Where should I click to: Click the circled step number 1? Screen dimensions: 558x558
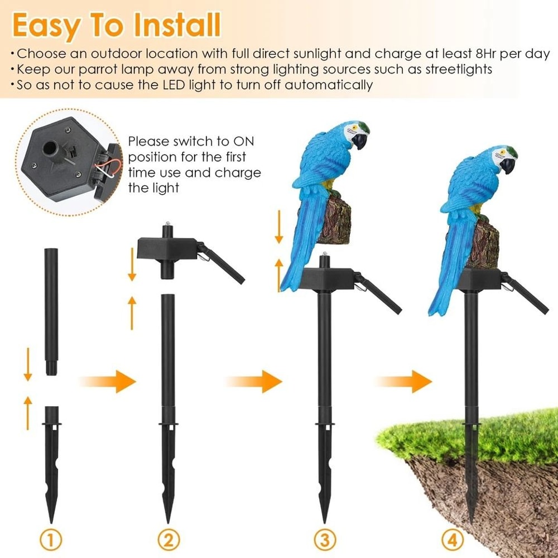[x=51, y=540]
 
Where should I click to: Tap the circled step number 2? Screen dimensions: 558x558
[x=169, y=540]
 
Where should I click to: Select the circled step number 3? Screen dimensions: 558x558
[x=324, y=540]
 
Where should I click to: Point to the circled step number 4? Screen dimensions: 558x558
[x=453, y=540]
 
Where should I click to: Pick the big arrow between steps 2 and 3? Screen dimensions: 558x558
[x=254, y=381]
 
